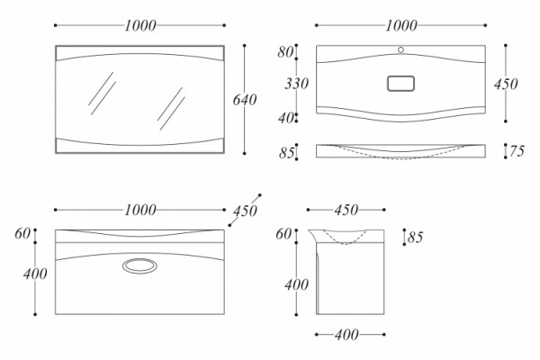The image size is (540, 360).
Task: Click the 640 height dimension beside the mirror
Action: [x=245, y=100]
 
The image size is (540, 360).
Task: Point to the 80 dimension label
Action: [x=285, y=52]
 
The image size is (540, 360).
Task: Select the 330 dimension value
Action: [x=296, y=84]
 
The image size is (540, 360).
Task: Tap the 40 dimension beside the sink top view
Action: [x=285, y=118]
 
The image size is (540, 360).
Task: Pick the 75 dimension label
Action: [x=517, y=151]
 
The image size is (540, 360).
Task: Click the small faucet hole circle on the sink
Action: [x=400, y=50]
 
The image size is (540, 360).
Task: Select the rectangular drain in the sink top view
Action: [x=400, y=84]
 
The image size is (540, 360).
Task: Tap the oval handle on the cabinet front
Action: [x=139, y=266]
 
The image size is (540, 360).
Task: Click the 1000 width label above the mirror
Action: [x=140, y=25]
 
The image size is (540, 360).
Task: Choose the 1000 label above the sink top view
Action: [x=401, y=25]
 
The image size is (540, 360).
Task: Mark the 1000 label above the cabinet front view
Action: [x=140, y=210]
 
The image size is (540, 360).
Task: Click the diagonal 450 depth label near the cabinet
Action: [x=245, y=211]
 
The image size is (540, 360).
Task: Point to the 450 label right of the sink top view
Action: [x=506, y=84]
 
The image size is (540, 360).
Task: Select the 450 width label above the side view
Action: [x=346, y=210]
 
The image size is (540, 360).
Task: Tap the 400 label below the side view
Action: [x=346, y=335]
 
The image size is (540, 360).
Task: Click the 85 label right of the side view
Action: [x=415, y=238]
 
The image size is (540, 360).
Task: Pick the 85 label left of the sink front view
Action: [x=286, y=153]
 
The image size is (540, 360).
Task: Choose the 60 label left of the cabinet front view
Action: [x=22, y=234]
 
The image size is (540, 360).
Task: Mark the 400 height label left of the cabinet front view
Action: [x=35, y=274]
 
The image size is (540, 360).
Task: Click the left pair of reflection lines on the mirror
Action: [x=103, y=94]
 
